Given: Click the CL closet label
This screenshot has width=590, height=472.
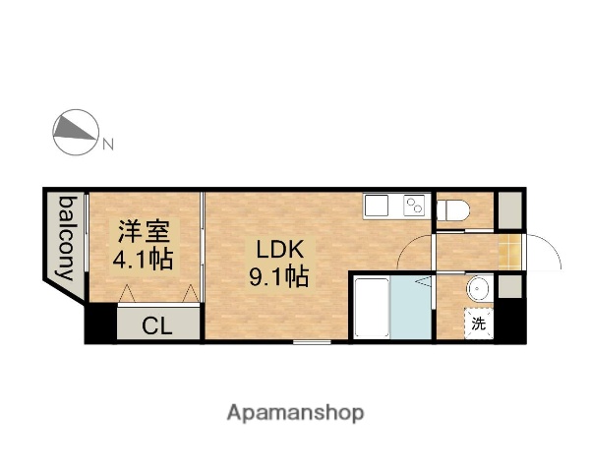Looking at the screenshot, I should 157,325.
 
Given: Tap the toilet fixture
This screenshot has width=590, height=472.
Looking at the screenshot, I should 452,209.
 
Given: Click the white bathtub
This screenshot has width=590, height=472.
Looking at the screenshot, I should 372,309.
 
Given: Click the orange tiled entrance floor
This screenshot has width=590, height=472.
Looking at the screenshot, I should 508,251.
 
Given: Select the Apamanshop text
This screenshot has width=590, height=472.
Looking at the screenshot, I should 294,413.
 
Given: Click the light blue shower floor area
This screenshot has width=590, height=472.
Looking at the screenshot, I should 412,309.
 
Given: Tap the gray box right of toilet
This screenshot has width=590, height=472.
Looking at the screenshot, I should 508,209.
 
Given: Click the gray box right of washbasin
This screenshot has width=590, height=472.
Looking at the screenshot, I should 507,287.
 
